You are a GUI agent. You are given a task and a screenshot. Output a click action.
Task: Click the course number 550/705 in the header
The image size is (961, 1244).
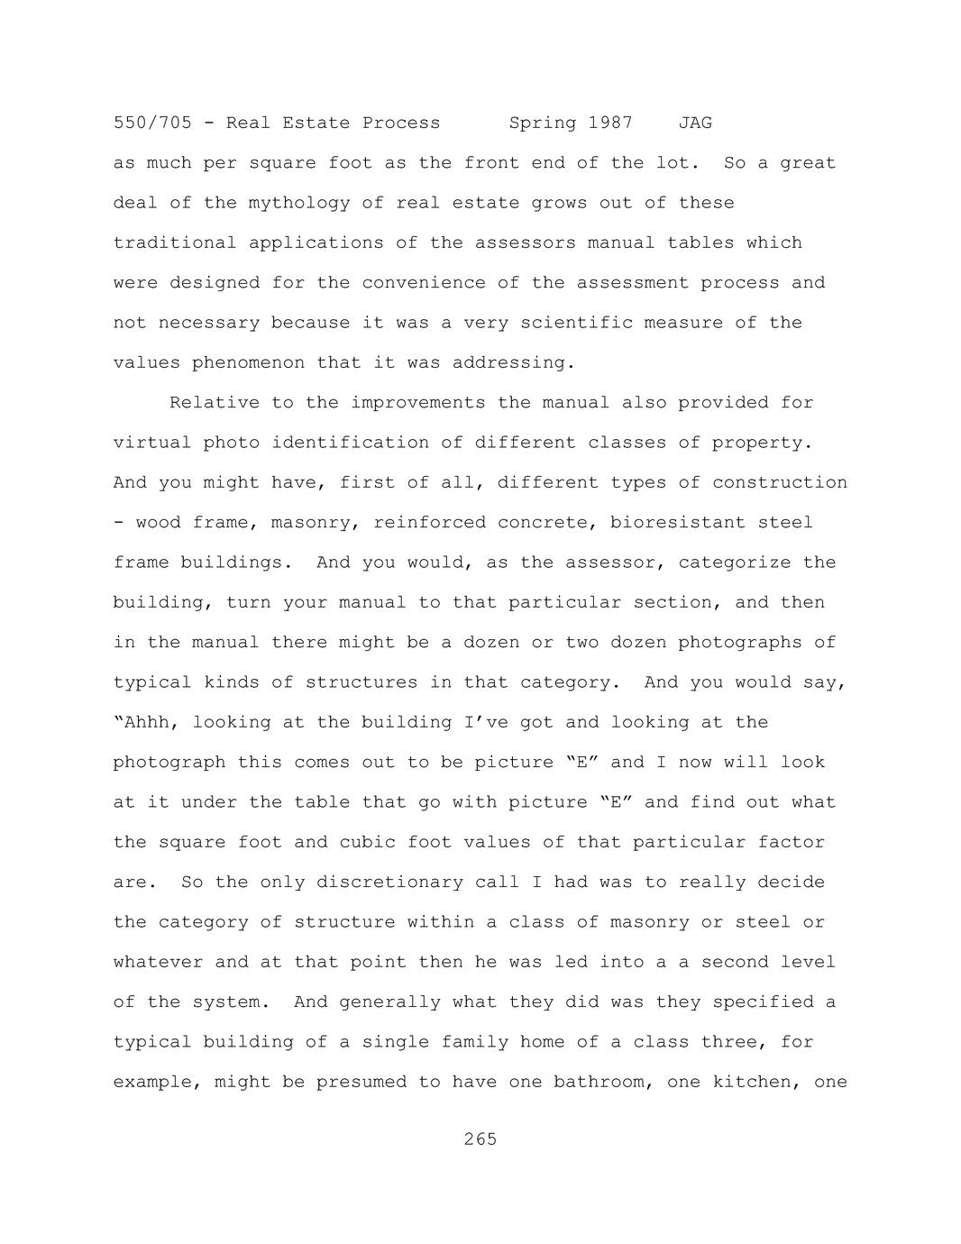coord(152,123)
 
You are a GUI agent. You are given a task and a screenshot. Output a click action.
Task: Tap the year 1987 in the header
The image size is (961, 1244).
coord(610,123)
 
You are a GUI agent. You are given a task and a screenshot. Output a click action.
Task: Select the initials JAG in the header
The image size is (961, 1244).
coord(695,123)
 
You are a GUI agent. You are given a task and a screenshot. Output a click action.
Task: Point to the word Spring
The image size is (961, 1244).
coord(542,123)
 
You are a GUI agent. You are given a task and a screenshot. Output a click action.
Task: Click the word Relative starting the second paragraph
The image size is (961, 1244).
coord(214,403)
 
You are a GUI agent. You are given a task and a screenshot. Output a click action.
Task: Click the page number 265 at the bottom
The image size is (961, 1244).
coord(480,1139)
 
